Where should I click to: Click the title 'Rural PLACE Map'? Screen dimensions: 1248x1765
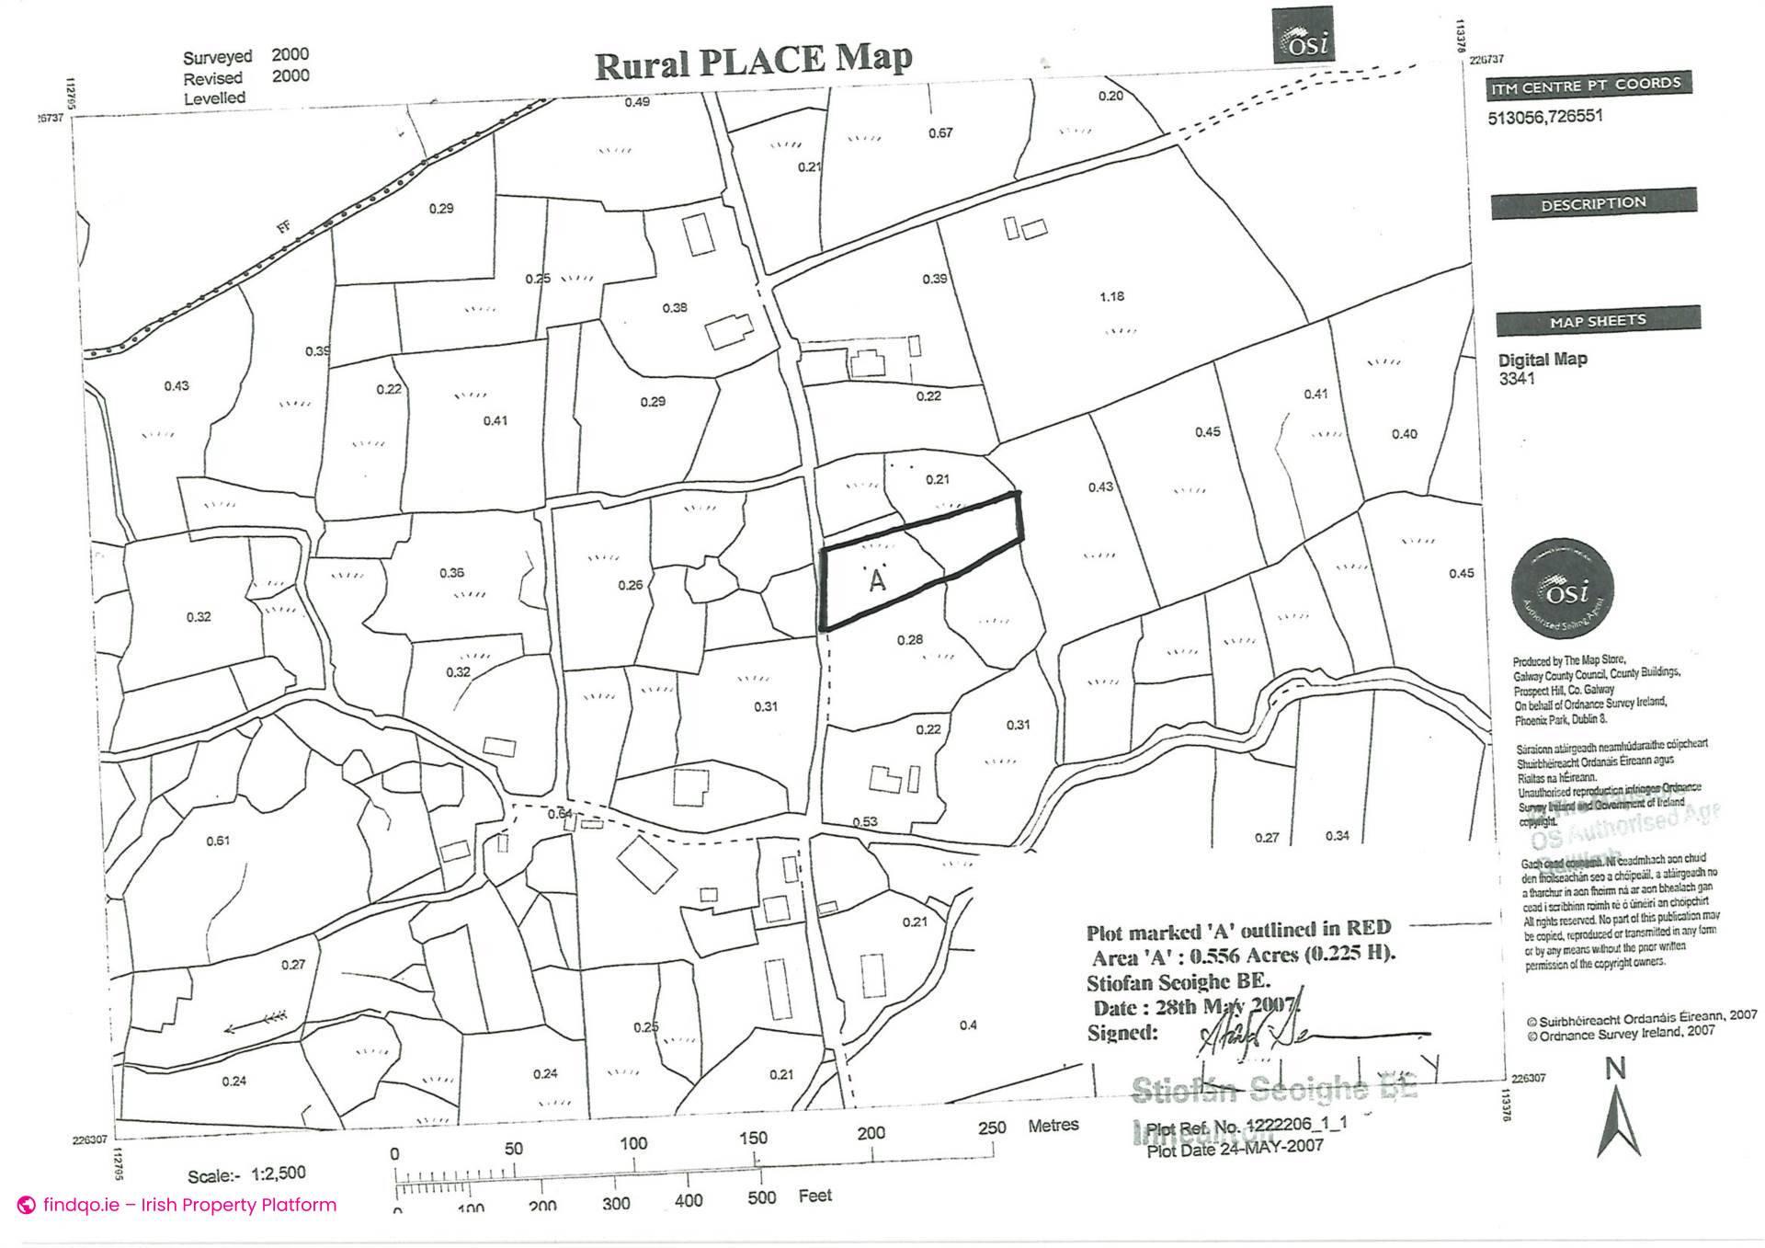[x=753, y=62]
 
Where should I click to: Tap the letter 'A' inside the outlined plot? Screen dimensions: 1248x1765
[x=877, y=581]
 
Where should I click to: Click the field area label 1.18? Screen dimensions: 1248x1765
[x=1111, y=296]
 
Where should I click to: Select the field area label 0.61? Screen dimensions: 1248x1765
[x=218, y=841]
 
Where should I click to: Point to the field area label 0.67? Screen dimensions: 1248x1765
[x=940, y=133]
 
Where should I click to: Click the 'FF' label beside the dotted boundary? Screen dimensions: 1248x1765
[x=285, y=224]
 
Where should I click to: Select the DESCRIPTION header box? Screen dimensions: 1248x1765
[x=1593, y=203]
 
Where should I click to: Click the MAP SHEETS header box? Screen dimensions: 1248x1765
[x=1598, y=321]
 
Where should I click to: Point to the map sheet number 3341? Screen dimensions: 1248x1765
[x=1517, y=378]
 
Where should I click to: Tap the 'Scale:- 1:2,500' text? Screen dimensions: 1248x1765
[x=246, y=1174]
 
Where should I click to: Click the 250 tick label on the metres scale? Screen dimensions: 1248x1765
[x=991, y=1128]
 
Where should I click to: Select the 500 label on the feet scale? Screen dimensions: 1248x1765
[x=761, y=1197]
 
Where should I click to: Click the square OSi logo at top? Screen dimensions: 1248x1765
[x=1303, y=37]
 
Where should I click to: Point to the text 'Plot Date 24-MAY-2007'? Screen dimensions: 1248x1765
[x=1235, y=1147]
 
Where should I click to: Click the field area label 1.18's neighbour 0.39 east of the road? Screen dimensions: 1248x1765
[x=935, y=279]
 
